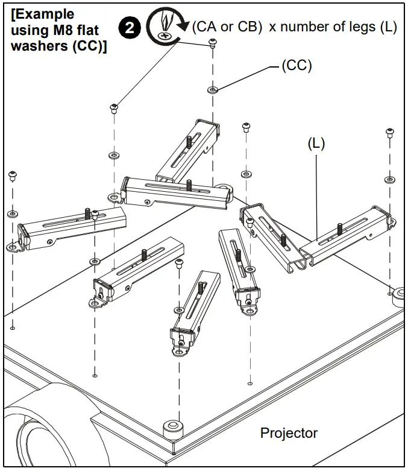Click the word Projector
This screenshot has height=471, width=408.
click(x=288, y=432)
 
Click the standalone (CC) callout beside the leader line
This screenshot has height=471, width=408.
click(x=297, y=66)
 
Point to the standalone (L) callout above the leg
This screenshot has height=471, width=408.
click(x=316, y=144)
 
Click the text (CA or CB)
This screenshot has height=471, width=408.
click(x=226, y=28)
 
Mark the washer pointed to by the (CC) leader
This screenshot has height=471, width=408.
click(x=212, y=90)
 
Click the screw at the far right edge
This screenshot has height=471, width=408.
click(x=390, y=132)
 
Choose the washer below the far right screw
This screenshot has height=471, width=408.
click(x=390, y=180)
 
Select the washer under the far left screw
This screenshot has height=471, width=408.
click(x=13, y=214)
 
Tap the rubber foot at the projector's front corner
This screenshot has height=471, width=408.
click(x=173, y=427)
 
